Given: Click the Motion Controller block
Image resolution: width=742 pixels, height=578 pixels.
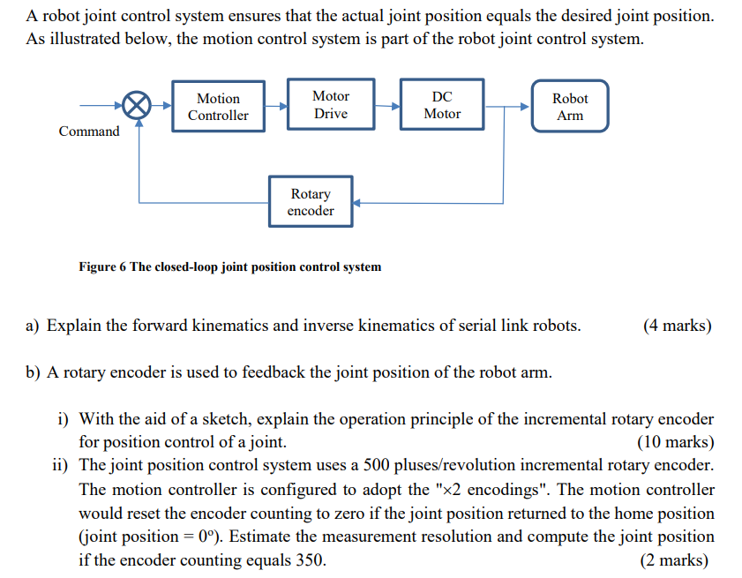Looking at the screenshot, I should [x=218, y=107].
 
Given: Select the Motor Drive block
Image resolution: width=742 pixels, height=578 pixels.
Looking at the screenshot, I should [x=331, y=105].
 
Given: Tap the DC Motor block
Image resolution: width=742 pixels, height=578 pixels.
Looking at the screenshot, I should [x=442, y=105].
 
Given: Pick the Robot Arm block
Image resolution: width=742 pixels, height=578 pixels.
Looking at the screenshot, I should [x=570, y=107].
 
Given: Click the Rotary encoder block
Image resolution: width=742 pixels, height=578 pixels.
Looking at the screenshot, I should [x=311, y=202].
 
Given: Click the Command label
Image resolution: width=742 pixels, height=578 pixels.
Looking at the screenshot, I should [x=89, y=131].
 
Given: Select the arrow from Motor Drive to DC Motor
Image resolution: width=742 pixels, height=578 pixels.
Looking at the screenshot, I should [x=386, y=106].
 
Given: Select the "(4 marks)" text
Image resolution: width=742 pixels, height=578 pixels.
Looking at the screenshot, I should [x=677, y=327].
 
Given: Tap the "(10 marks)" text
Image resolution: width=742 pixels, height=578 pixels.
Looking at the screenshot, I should [x=674, y=442].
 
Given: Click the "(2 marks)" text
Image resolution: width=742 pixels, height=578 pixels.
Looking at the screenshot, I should [x=677, y=559].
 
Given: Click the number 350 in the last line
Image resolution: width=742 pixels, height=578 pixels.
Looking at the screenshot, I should [x=312, y=559].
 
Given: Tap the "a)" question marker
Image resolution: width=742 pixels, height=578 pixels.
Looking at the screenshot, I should [x=33, y=327].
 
